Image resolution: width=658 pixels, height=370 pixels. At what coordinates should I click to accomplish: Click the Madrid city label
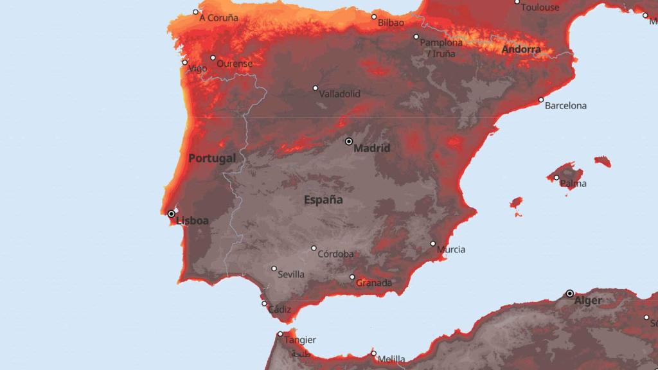click(372, 148)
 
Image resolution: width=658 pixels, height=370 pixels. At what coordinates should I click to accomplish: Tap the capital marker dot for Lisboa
click(171, 214)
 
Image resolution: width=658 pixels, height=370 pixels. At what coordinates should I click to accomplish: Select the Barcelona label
click(565, 105)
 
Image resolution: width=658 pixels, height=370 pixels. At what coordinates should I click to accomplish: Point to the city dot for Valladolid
click(316, 88)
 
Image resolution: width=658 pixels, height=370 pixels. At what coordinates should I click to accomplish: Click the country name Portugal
click(212, 158)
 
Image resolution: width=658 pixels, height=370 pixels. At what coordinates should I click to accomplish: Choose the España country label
click(323, 200)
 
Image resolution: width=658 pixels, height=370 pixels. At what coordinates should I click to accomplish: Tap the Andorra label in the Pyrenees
click(521, 49)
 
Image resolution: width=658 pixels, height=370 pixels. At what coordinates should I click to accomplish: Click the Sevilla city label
click(291, 274)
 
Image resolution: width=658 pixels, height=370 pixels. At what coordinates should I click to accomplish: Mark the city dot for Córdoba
click(314, 248)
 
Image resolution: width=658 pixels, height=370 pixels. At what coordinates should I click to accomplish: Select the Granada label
click(375, 283)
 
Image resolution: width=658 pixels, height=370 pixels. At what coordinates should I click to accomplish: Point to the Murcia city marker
click(433, 244)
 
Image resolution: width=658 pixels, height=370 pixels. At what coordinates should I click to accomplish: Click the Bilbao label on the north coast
click(391, 22)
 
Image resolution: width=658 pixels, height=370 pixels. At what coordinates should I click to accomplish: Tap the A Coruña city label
click(218, 18)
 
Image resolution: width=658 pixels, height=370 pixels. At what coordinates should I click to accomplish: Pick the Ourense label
click(234, 64)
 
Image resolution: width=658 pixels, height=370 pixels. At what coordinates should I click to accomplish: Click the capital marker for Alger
click(570, 294)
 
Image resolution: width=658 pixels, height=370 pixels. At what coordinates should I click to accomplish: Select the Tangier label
click(300, 340)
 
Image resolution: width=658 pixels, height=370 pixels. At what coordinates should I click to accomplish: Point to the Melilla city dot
click(374, 353)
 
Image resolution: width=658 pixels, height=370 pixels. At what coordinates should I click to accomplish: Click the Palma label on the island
click(573, 184)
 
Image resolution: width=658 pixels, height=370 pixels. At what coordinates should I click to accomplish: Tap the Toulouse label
click(540, 8)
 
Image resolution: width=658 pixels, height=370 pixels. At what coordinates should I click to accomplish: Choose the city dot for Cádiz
click(264, 304)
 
